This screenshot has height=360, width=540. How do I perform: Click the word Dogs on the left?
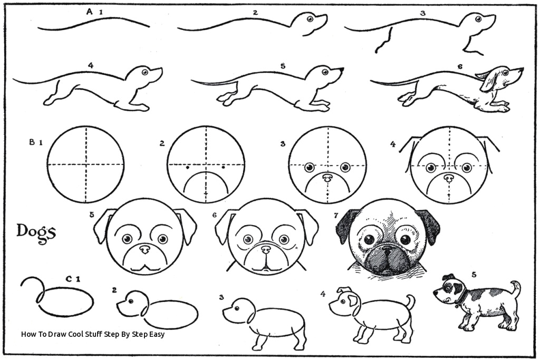click(35, 231)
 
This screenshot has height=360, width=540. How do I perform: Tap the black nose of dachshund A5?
click(342, 69)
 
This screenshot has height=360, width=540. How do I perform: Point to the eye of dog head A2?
click(310, 20)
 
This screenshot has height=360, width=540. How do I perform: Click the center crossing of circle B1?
click(85, 164)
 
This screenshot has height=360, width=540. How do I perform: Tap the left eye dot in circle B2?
click(188, 168)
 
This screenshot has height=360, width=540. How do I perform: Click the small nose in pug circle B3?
click(327, 177)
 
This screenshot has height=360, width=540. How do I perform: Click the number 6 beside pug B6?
click(215, 215)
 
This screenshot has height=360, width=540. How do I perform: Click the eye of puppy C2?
click(127, 302)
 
